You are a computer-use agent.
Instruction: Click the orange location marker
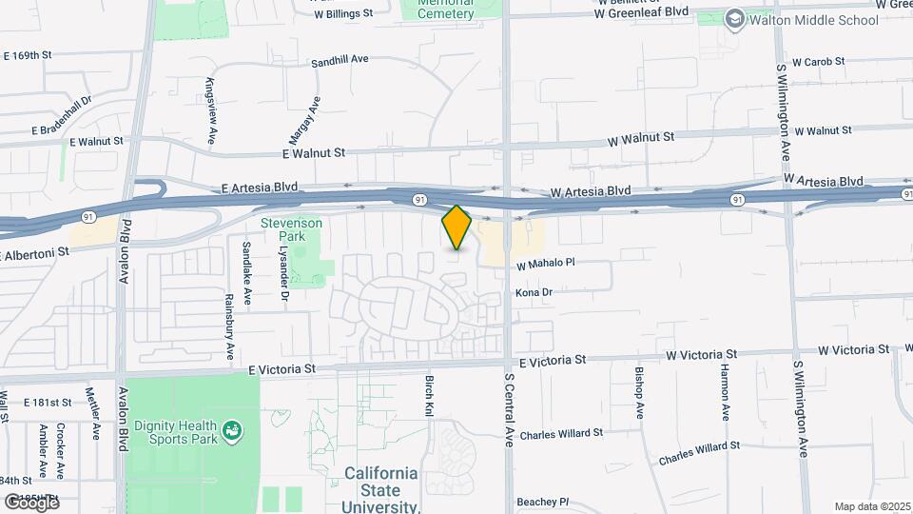(457, 227)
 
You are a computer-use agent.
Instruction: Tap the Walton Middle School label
(814, 19)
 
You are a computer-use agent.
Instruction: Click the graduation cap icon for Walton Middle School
(734, 19)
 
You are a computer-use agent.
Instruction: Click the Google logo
(31, 502)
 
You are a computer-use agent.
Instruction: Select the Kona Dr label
(534, 293)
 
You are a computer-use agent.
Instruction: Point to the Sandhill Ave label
(340, 60)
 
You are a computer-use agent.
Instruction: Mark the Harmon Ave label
(725, 391)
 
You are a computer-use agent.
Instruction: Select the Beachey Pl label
(542, 502)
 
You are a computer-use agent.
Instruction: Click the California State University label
(380, 488)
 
